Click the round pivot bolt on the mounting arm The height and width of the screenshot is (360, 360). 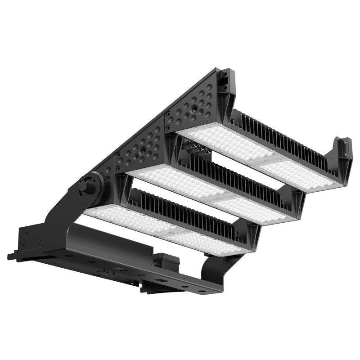point(87,186)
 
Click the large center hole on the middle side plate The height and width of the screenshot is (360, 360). point(143,147)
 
